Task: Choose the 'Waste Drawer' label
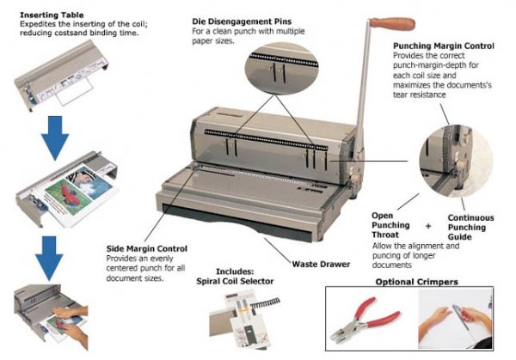pyautogui.click(x=321, y=264)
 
